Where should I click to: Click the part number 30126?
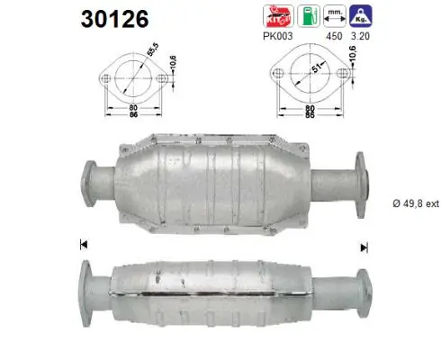click(116, 18)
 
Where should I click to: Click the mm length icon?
click(335, 14)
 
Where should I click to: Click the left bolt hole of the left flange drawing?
click(107, 79)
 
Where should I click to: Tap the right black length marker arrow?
click(364, 247)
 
